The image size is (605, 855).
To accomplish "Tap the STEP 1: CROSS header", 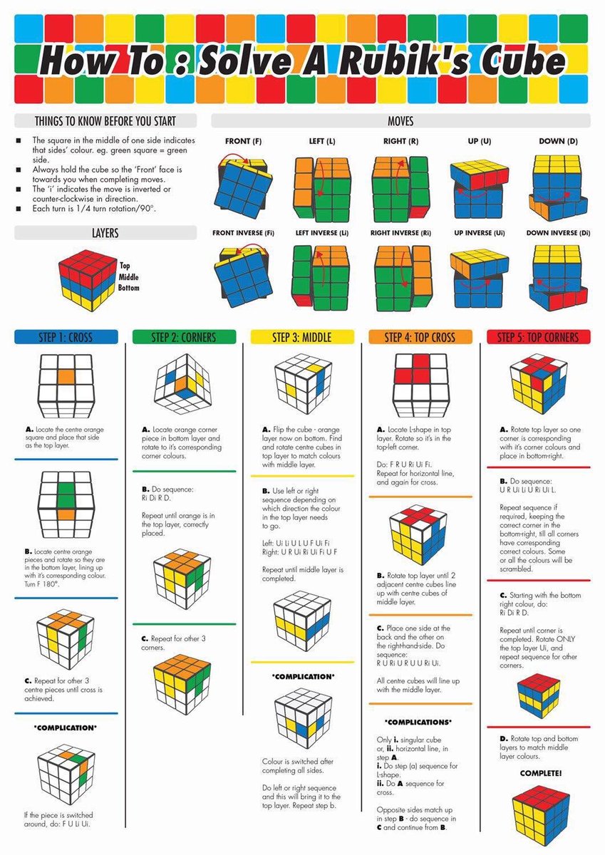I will coord(66,337).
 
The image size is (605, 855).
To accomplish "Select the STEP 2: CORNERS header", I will coord(184,337).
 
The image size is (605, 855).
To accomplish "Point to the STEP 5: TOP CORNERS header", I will coord(538,337).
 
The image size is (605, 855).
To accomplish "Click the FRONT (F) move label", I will coord(237,141).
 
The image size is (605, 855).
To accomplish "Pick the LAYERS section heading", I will coord(105,233).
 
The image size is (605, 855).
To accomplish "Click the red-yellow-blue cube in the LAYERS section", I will coord(88,275).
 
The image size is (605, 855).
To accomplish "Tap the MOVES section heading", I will coord(400,122).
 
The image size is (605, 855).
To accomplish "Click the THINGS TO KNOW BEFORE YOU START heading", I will coord(105,121).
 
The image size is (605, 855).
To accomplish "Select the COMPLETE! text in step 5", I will coord(541,772).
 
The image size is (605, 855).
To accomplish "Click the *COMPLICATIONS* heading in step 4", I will coord(418,721).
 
